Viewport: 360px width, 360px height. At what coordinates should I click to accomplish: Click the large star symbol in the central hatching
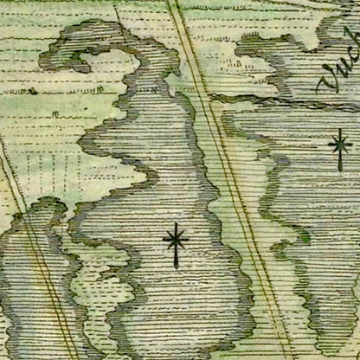176,239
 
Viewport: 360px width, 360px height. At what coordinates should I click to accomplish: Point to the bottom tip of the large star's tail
176,266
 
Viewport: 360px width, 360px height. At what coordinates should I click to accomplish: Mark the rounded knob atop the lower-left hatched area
48,208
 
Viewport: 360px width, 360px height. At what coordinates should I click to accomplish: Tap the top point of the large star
176,223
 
